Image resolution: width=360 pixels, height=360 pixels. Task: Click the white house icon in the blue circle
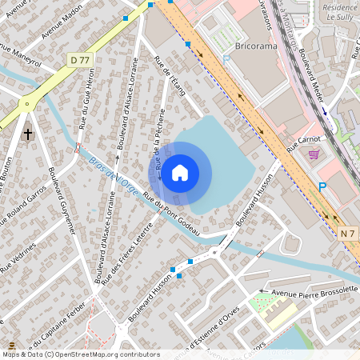coord(180,173)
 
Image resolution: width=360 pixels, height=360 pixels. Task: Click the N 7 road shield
coord(346,233)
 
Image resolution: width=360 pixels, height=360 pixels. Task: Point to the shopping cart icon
coord(314,154)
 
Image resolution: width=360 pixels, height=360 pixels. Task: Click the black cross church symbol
coord(29,134)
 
